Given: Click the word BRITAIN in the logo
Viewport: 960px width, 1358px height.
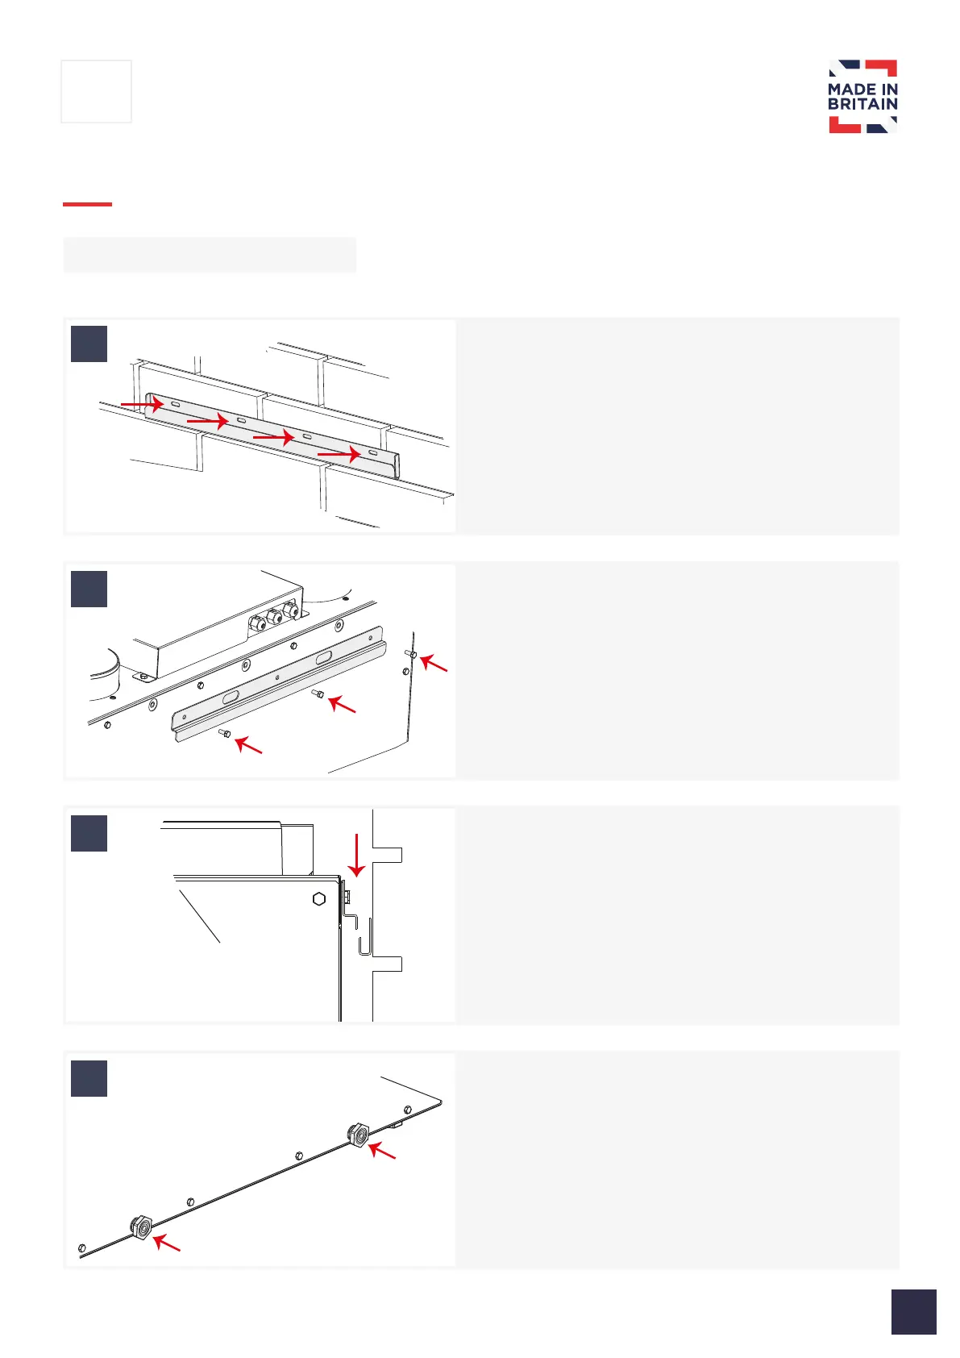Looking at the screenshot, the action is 862,104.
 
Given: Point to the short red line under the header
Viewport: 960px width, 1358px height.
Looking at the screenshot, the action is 87,204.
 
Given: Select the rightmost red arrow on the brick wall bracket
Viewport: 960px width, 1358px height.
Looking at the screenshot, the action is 339,455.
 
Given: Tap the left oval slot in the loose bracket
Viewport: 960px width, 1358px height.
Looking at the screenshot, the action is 231,696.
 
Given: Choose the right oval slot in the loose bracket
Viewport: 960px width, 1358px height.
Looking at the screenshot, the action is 322,659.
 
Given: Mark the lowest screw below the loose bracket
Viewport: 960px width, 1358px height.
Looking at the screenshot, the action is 225,733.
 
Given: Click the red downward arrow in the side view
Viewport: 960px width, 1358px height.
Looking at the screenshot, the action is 356,855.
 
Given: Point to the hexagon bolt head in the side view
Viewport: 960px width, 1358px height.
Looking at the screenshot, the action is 319,898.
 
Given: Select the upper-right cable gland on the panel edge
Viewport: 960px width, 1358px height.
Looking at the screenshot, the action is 356,1135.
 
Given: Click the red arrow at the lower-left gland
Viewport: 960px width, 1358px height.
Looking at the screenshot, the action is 167,1243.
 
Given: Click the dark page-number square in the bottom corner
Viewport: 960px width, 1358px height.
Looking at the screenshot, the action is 913,1311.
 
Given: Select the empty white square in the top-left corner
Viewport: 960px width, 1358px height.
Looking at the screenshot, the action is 96,91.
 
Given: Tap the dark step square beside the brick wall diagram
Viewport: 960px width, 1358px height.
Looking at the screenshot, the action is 89,344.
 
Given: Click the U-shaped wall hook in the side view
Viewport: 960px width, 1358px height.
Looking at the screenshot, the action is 364,937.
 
